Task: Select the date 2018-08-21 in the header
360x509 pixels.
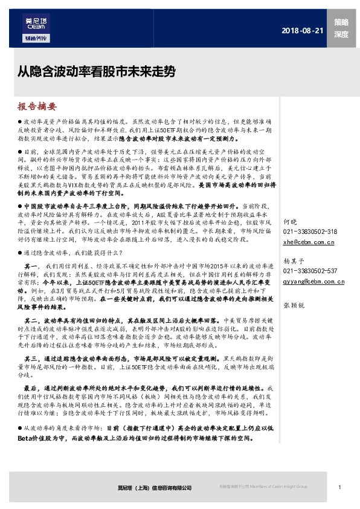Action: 303,31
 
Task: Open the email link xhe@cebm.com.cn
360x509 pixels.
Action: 308,242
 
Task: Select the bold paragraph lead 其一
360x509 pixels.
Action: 32,265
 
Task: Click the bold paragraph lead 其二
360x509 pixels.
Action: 32,320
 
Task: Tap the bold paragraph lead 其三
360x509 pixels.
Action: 32,358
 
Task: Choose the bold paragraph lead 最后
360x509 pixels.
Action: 32,387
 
